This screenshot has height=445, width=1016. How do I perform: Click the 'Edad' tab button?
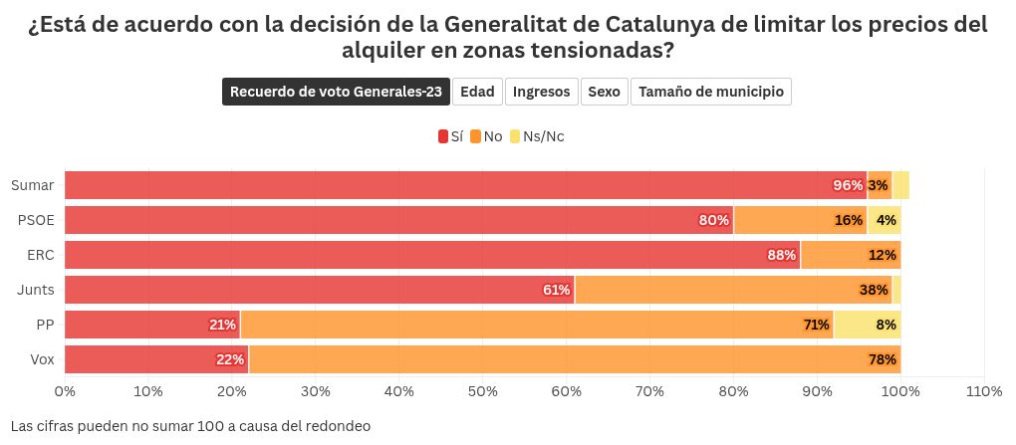click(x=477, y=92)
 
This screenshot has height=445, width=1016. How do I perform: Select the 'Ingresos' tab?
click(x=542, y=92)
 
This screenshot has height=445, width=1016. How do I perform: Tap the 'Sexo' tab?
click(x=604, y=92)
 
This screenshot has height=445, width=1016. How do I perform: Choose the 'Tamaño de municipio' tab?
click(x=710, y=92)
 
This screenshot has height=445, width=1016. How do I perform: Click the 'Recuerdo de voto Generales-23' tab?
click(x=336, y=92)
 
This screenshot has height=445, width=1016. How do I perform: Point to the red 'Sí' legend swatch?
click(x=443, y=136)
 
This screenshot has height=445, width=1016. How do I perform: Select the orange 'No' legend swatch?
click(x=476, y=136)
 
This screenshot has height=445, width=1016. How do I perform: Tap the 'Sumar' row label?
click(x=33, y=185)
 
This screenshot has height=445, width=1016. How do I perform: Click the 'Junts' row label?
click(x=35, y=290)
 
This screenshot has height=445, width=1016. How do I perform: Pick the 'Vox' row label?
click(x=40, y=359)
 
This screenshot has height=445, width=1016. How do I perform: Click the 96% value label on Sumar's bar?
click(x=848, y=185)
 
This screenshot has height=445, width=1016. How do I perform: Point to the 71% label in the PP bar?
click(x=817, y=325)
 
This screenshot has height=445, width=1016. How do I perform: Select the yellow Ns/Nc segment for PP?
click(x=867, y=325)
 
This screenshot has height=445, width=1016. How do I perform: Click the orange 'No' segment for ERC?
click(x=851, y=255)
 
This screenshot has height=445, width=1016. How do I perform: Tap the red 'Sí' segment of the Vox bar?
click(x=156, y=359)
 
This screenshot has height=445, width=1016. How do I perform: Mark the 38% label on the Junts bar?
click(x=874, y=290)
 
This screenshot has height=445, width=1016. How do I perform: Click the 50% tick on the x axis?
click(x=482, y=391)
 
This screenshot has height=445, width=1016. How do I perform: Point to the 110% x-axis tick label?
click(x=983, y=391)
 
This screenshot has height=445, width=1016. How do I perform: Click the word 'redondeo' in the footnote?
click(x=338, y=426)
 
